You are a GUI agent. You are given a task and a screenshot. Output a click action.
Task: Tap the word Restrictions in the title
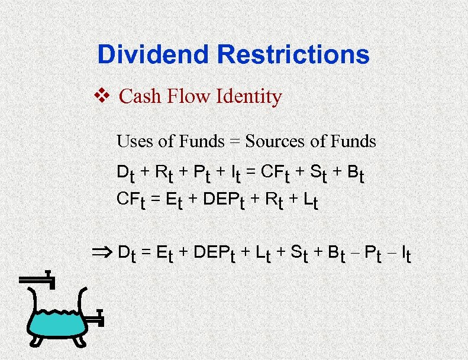click(x=293, y=55)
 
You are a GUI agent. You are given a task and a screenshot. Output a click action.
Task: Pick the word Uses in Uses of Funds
click(x=132, y=142)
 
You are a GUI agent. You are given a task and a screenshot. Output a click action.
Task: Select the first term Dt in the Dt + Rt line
click(x=125, y=174)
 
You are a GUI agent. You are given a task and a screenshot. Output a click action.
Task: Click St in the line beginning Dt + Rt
click(x=318, y=174)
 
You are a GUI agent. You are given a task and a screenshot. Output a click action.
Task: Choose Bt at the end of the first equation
click(x=354, y=174)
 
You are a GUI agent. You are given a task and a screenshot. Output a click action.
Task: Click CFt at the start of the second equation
click(x=129, y=201)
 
